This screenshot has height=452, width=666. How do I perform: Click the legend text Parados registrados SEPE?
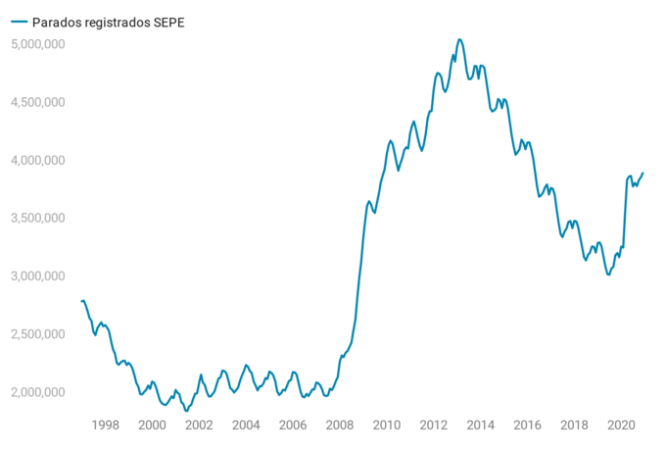[108, 22]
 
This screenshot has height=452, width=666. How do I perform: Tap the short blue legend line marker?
[17, 22]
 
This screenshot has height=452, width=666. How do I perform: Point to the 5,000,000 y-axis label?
[37, 44]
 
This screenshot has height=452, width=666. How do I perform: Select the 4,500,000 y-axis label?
[37, 102]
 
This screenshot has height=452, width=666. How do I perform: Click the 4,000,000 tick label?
[37, 160]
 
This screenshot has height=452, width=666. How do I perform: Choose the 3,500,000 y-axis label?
[37, 218]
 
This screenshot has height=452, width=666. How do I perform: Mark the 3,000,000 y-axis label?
[37, 276]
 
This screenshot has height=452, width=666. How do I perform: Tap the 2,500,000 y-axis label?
[37, 334]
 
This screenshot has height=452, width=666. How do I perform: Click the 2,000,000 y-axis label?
[37, 392]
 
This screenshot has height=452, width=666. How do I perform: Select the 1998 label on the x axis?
[105, 425]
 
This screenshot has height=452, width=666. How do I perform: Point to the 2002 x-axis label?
[199, 425]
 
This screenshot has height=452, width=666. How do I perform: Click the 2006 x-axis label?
[293, 425]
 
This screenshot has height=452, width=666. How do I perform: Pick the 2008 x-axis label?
[340, 425]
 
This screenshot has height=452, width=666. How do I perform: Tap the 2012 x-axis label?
[433, 425]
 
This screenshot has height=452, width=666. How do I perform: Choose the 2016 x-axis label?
[527, 425]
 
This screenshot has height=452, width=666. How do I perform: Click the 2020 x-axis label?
[621, 425]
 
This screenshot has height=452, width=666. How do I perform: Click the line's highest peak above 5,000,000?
[460, 39]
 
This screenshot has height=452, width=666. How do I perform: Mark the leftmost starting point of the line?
[81, 301]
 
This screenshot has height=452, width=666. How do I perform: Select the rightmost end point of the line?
[643, 173]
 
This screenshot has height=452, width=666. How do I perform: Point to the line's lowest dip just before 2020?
[608, 275]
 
